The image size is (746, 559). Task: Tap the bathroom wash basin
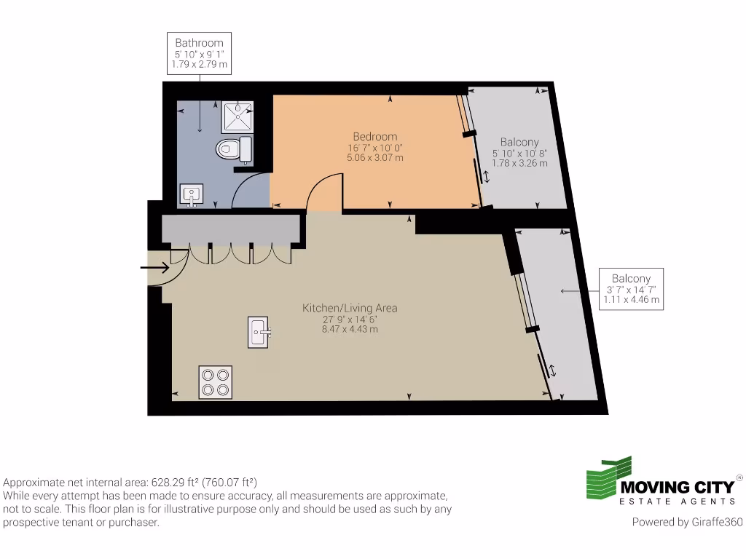tap(192, 195)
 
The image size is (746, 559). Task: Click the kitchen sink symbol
tap(258, 333)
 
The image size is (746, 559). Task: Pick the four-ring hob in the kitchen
tap(216, 382)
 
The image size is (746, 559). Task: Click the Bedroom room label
tap(375, 137)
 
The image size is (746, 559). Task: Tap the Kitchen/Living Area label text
tap(350, 308)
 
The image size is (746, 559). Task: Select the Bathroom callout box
tap(199, 53)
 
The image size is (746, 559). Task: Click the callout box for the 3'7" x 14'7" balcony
tap(631, 289)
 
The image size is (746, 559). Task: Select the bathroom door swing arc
tap(249, 189)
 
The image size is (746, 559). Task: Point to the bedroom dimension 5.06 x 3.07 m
tap(375, 157)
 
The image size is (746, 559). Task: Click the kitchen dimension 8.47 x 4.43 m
tap(350, 329)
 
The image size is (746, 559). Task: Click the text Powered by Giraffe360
tap(686, 522)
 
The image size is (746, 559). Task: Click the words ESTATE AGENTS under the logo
tap(677, 501)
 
